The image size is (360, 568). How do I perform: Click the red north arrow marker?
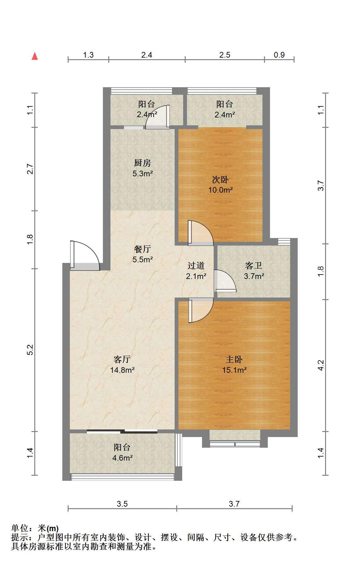point(35,56)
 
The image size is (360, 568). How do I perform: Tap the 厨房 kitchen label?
point(143,163)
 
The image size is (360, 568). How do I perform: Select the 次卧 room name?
point(220,180)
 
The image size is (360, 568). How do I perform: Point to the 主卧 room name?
point(234,360)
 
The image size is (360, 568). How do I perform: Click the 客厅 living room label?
point(122,360)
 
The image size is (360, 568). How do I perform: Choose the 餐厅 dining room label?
point(143,249)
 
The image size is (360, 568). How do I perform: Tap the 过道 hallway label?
point(196,266)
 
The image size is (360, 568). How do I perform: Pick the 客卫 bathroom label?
point(254,266)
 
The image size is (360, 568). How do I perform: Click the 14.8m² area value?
point(122,370)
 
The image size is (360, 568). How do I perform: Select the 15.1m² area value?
point(234,370)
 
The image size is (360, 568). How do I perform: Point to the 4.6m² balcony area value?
point(122,458)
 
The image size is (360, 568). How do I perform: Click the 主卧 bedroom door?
point(201,310)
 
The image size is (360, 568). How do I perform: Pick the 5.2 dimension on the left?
point(30,350)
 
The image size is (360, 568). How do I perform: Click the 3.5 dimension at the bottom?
point(122,504)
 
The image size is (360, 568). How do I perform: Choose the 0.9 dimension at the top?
point(279,55)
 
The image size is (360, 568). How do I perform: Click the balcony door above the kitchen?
point(157,117)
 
